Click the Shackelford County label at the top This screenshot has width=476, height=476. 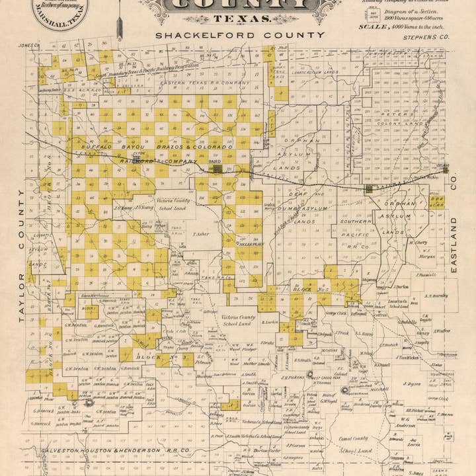[x=240, y=35]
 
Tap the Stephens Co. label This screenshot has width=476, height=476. [x=425, y=38]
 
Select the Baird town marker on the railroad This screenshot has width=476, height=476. [x=218, y=169]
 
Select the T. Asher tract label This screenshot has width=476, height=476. [x=201, y=233]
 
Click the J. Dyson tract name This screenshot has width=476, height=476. [x=413, y=383]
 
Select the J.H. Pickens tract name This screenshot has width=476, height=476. [x=292, y=377]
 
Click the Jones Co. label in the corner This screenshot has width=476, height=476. [x=29, y=46]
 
